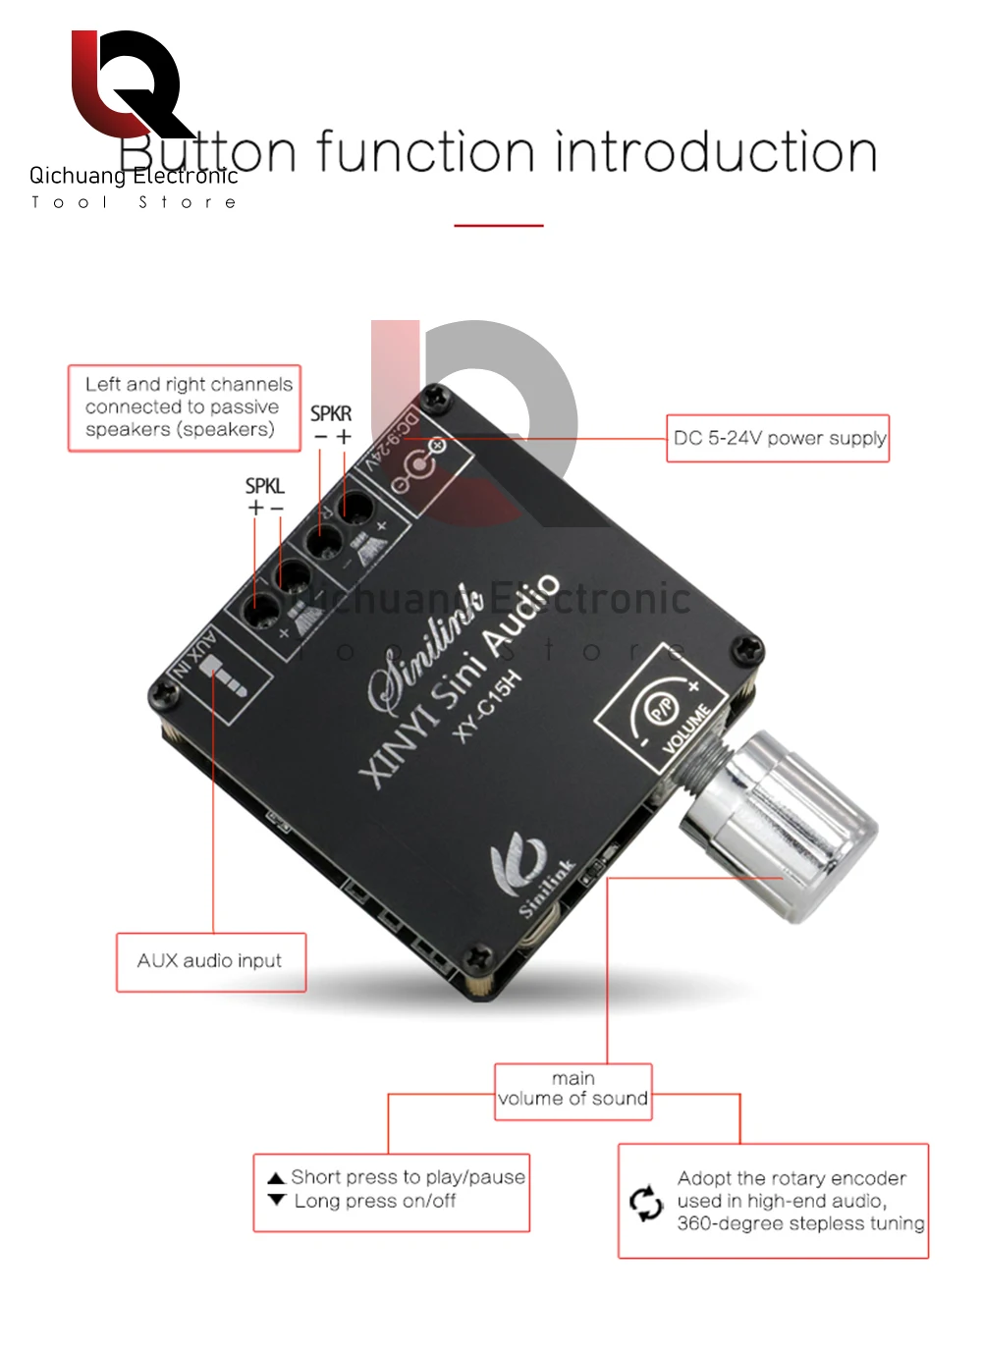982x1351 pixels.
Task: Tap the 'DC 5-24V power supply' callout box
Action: pos(778,438)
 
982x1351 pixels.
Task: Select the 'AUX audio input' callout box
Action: pos(210,961)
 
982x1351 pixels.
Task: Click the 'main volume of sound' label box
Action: pos(573,1090)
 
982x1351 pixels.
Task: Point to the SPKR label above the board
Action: pos(331,414)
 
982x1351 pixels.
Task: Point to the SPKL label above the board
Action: pos(264,486)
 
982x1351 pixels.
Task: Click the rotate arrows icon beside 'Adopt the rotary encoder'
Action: pos(646,1203)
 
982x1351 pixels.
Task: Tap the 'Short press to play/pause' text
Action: pos(408,1177)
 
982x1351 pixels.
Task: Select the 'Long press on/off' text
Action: pos(375,1201)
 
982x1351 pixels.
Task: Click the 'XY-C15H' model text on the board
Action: pos(487,706)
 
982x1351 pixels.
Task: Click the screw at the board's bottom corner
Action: pos(479,954)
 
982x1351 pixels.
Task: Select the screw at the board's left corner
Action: pos(164,693)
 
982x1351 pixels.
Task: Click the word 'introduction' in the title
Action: pos(716,154)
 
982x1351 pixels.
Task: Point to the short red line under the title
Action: pos(498,226)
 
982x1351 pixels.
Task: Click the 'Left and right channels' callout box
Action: pos(184,407)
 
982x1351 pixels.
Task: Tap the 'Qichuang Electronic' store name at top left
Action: pos(134,176)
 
